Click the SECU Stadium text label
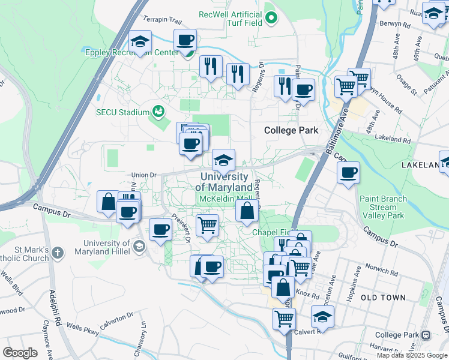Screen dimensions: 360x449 122,112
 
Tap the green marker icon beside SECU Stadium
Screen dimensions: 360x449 158,111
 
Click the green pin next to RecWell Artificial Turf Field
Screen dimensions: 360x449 271,18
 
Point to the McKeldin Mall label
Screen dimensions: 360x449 225,199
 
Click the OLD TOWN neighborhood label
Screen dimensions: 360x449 383,298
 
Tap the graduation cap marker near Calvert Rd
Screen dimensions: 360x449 323,317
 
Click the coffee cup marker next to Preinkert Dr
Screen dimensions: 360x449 160,230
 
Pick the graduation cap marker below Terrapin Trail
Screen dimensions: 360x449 140,42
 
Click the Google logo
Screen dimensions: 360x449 20,352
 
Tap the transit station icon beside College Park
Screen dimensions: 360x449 426,335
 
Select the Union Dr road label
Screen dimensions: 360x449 144,175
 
